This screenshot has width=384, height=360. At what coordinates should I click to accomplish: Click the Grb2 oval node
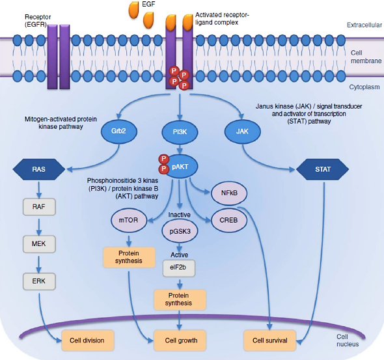click(x=118, y=132)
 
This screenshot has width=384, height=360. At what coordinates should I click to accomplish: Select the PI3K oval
click(x=180, y=132)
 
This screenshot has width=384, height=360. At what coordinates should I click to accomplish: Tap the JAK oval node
click(x=243, y=132)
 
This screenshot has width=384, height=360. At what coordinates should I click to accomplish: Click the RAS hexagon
click(x=39, y=169)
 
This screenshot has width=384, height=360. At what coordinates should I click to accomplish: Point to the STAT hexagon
click(x=323, y=169)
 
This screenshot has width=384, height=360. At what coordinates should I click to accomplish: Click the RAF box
click(x=39, y=207)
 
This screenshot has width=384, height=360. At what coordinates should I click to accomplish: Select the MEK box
click(x=39, y=244)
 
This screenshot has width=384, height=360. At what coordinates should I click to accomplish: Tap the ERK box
click(x=39, y=281)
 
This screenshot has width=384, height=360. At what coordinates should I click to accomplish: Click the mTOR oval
click(x=129, y=220)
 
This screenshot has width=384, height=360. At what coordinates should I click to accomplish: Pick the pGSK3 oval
click(x=180, y=231)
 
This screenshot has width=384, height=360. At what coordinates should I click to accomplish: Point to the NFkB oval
click(x=229, y=193)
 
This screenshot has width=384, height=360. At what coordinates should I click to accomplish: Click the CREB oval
click(x=229, y=220)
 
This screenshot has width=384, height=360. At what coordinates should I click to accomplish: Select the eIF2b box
click(x=179, y=268)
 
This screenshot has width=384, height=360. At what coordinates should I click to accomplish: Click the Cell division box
click(x=88, y=340)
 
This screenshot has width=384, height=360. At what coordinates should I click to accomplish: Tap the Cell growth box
click(x=180, y=340)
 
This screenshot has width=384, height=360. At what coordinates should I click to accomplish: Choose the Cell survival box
click(x=270, y=340)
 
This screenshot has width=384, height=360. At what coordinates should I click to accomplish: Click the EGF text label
click(x=148, y=4)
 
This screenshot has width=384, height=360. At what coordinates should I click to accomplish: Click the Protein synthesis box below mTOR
click(x=129, y=257)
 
